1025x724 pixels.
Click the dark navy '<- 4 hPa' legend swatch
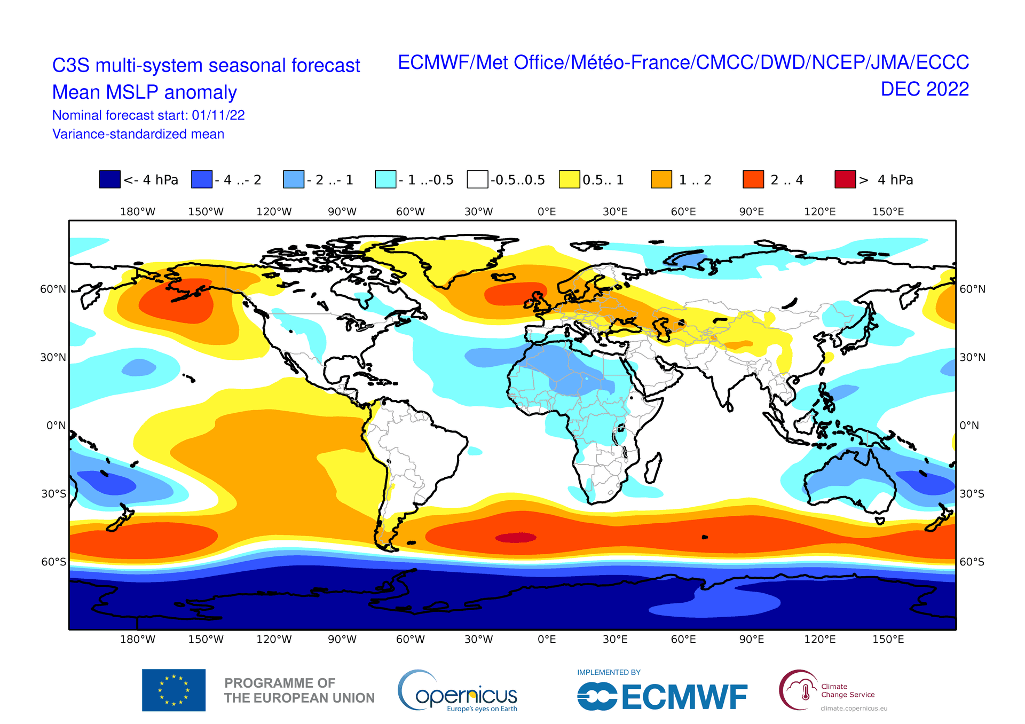pyautogui.click(x=109, y=179)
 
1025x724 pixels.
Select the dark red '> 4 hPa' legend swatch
pyautogui.click(x=845, y=179)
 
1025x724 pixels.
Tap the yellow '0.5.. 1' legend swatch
pyautogui.click(x=569, y=179)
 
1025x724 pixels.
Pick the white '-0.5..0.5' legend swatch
pyautogui.click(x=477, y=179)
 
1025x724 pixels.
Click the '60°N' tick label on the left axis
pyautogui.click(x=53, y=289)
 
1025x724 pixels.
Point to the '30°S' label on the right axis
pyautogui.click(x=972, y=494)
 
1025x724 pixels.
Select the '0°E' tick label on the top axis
pyautogui.click(x=547, y=212)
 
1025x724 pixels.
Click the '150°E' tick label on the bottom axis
pyautogui.click(x=888, y=640)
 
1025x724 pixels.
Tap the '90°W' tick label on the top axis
pyautogui.click(x=342, y=212)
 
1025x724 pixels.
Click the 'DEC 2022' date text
pyautogui.click(x=925, y=89)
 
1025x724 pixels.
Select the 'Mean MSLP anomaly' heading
pyautogui.click(x=144, y=92)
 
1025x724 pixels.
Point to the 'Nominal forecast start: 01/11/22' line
pyautogui.click(x=148, y=115)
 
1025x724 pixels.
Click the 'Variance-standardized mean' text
pyautogui.click(x=138, y=134)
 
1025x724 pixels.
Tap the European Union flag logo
pyautogui.click(x=174, y=690)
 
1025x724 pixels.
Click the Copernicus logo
pyautogui.click(x=458, y=691)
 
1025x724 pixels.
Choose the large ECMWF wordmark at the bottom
pyautogui.click(x=662, y=697)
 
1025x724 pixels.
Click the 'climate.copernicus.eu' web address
pyautogui.click(x=854, y=709)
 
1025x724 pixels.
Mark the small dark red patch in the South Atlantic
pyautogui.click(x=516, y=538)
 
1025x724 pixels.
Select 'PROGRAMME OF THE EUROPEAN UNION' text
pyautogui.click(x=299, y=690)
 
